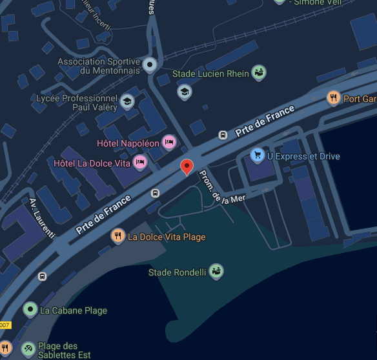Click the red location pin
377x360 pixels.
[x=187, y=166]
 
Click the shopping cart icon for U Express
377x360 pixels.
[x=258, y=155]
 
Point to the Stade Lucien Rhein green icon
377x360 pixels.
[x=259, y=73]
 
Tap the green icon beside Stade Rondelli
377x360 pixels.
[x=216, y=272]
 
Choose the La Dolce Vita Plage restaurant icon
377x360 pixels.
[x=117, y=236]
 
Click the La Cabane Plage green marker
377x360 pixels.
[x=30, y=310]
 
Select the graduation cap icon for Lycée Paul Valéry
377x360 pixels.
[x=127, y=101]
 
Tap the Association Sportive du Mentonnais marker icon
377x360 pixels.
[x=150, y=65]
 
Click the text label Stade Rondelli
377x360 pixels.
[x=177, y=272]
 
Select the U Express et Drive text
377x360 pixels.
[x=303, y=156]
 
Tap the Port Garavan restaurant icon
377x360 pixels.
[x=333, y=98]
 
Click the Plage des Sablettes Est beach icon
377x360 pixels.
[x=28, y=349]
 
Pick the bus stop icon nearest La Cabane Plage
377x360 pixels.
[x=42, y=276]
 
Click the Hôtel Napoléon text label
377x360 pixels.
[x=128, y=143]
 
